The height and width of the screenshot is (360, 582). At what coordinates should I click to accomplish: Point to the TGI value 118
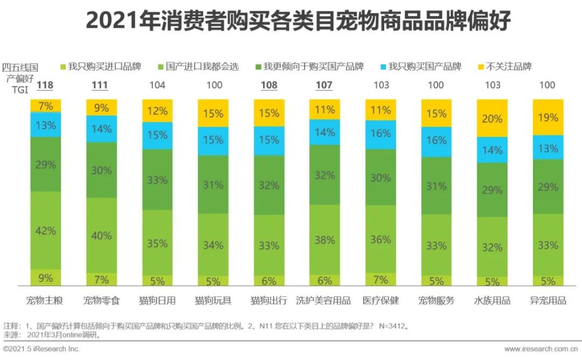(x=44, y=85)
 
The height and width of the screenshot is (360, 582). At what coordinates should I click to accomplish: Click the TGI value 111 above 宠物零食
(x=100, y=85)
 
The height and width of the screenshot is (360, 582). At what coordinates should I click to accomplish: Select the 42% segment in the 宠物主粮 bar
(x=46, y=231)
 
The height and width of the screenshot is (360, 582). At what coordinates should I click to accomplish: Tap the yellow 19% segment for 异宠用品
(x=548, y=117)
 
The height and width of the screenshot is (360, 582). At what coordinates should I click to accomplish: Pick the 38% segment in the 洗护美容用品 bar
(x=324, y=240)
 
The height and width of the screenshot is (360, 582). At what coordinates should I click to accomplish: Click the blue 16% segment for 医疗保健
(x=380, y=133)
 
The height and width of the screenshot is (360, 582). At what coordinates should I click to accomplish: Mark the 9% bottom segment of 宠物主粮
(x=46, y=278)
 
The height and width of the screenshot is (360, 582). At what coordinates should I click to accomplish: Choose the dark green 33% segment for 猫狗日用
(x=157, y=179)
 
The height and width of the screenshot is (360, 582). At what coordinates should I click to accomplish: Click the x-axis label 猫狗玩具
(x=213, y=300)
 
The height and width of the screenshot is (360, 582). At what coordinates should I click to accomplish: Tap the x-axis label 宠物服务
(x=436, y=300)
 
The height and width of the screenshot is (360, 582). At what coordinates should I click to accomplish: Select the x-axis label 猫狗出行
(x=269, y=300)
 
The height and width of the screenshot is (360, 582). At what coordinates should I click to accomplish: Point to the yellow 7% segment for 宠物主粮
(x=46, y=106)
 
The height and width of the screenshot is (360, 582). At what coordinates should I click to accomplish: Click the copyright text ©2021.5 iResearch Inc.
(x=41, y=349)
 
